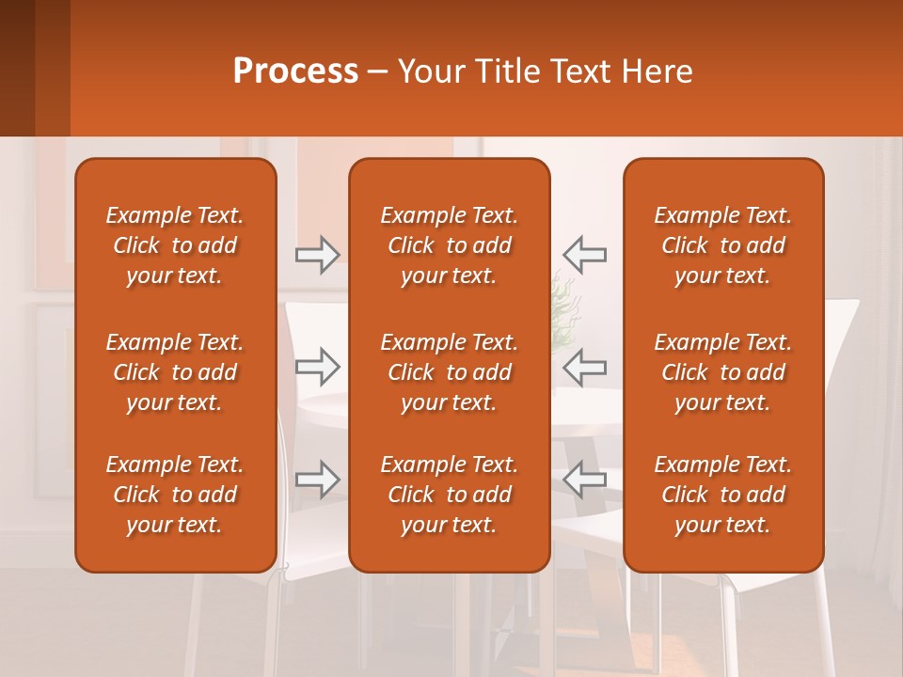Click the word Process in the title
pyautogui.click(x=295, y=71)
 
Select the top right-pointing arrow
pyautogui.click(x=318, y=255)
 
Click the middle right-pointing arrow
pyautogui.click(x=318, y=367)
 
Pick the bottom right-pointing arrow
pyautogui.click(x=318, y=480)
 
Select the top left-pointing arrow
pyautogui.click(x=585, y=255)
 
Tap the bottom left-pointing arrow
pyautogui.click(x=585, y=480)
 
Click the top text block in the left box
pyautogui.click(x=175, y=245)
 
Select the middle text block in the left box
pyautogui.click(x=175, y=372)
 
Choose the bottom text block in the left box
pyautogui.click(x=175, y=495)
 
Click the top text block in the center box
pyautogui.click(x=449, y=245)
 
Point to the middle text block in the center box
pyautogui.click(x=449, y=372)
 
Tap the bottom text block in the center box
pyautogui.click(x=449, y=495)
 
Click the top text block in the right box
pyautogui.click(x=722, y=245)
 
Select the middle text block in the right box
pyautogui.click(x=722, y=372)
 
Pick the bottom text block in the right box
pyautogui.click(x=722, y=495)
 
